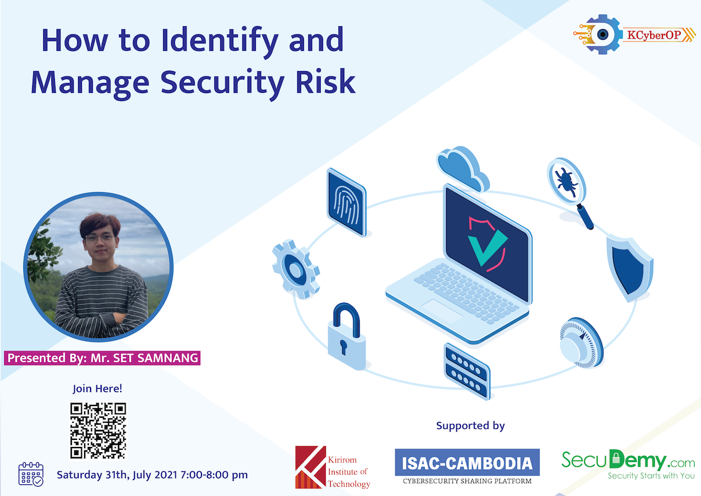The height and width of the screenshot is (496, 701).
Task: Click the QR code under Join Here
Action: point(98,431)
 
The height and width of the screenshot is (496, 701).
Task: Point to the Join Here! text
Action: point(98,388)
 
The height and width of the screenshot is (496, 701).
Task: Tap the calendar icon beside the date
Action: point(31,474)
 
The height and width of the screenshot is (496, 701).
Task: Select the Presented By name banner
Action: point(103,358)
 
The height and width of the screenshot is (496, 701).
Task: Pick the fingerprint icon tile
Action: point(346,202)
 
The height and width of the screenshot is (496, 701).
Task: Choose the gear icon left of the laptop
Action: point(296,269)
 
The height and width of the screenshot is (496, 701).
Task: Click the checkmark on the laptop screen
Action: point(487,244)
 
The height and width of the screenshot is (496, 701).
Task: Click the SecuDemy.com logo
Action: point(628,464)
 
